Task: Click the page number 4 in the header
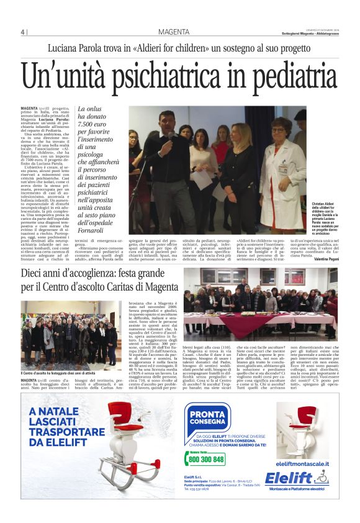[x=22, y=32]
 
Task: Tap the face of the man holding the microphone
[x=166, y=121]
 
